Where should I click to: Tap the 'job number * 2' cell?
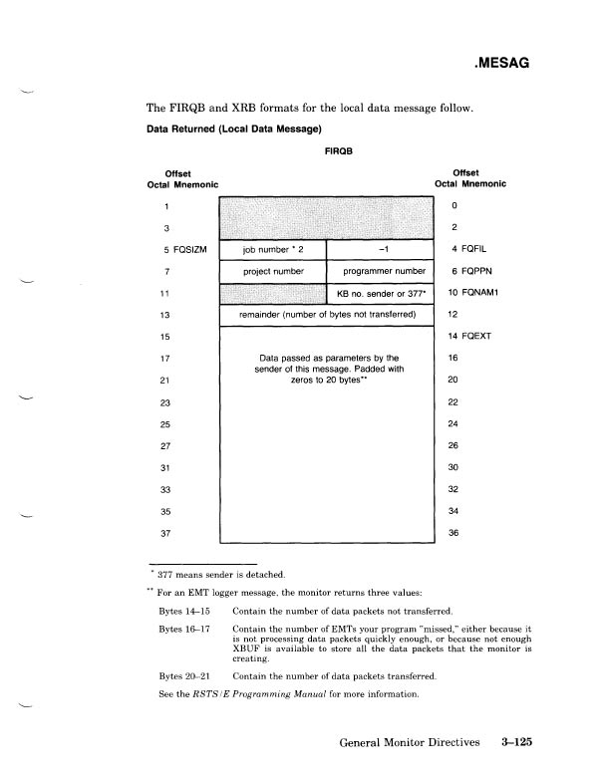(x=272, y=249)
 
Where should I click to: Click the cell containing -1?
(x=381, y=249)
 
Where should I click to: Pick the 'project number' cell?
(x=272, y=270)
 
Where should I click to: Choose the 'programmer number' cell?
(x=381, y=270)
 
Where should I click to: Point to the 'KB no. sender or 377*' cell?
(x=381, y=294)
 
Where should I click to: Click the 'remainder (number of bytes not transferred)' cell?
(x=326, y=316)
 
